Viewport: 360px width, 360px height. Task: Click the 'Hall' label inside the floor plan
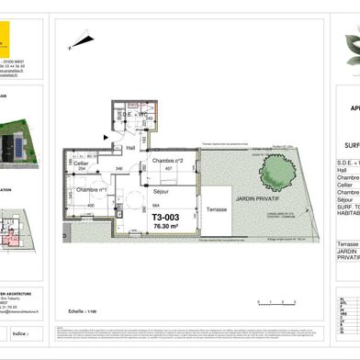[130, 147]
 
